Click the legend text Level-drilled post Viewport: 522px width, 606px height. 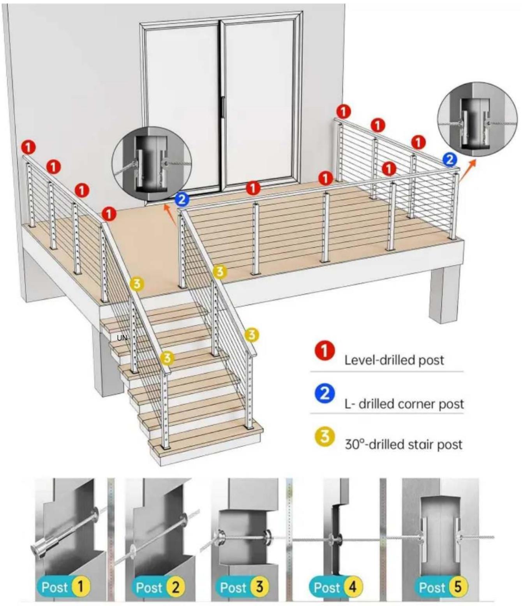[x=394, y=360]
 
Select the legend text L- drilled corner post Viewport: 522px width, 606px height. [x=404, y=404]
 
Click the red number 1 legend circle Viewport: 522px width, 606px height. [x=324, y=351]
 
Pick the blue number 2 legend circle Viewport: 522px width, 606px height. [x=325, y=393]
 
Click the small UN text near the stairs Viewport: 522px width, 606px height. [x=122, y=338]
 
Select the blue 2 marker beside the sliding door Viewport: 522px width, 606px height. [x=182, y=200]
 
